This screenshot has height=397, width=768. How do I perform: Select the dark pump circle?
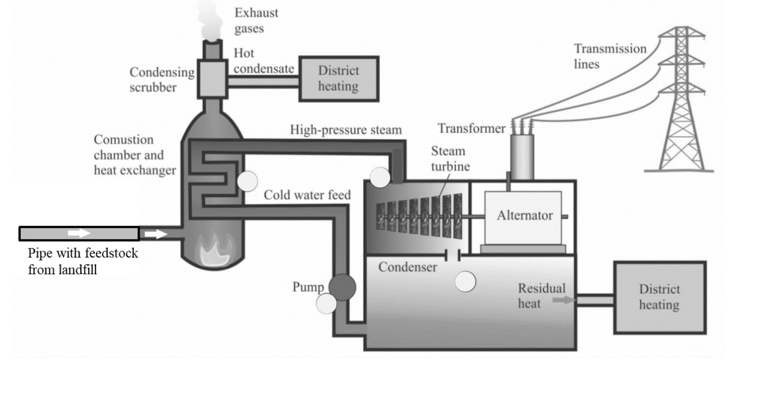click(342, 287)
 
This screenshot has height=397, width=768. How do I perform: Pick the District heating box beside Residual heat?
click(659, 297)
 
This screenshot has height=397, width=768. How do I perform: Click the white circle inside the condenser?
click(465, 281)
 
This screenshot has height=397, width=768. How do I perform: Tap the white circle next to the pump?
click(326, 303)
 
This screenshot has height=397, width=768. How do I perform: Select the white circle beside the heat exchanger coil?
click(247, 181)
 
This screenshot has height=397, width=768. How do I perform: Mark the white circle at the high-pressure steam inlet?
click(379, 177)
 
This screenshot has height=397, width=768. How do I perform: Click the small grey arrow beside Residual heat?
click(566, 301)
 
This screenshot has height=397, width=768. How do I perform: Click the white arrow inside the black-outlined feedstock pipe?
click(78, 233)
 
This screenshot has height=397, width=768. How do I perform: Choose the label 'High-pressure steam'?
click(346, 130)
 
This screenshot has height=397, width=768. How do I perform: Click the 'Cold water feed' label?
click(307, 195)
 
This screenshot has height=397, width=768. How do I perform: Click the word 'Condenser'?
click(408, 267)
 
